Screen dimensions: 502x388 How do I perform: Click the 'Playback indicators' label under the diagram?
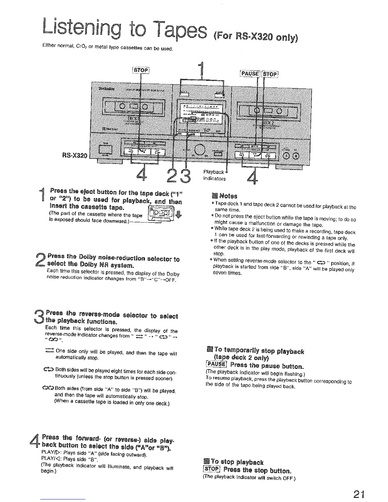coord(214,175)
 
